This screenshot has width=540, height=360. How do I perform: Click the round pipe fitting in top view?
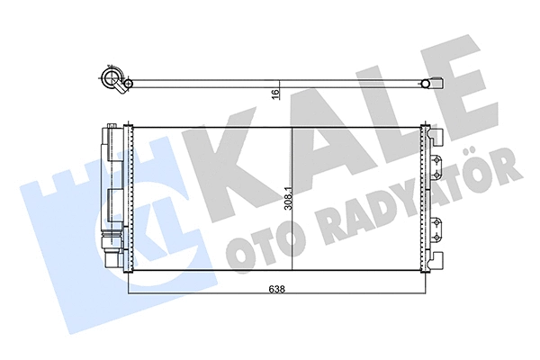(114, 82)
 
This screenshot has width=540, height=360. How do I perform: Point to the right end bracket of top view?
(434, 85)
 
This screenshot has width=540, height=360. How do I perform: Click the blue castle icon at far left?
(58, 216)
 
